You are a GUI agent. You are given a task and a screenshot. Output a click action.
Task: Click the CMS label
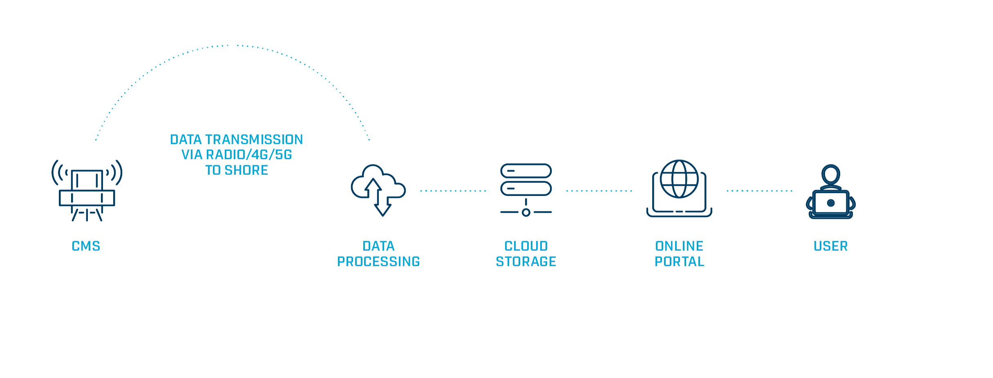pyautogui.click(x=86, y=247)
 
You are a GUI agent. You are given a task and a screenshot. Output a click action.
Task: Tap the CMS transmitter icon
pyautogui.click(x=87, y=191)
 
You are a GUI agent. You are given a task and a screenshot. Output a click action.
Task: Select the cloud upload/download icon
pyautogui.click(x=378, y=190)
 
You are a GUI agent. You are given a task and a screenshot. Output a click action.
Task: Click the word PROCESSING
pyautogui.click(x=378, y=262)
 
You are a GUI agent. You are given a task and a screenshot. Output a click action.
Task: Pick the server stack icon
pyautogui.click(x=526, y=190)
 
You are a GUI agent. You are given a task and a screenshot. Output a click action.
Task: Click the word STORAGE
pyautogui.click(x=526, y=262)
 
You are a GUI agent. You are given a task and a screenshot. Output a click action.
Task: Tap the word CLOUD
pyautogui.click(x=526, y=247)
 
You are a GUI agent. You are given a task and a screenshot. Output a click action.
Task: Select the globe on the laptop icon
pyautogui.click(x=679, y=180)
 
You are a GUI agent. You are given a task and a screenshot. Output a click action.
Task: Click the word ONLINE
pyautogui.click(x=679, y=247)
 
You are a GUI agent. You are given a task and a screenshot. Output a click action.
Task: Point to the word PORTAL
pyautogui.click(x=679, y=262)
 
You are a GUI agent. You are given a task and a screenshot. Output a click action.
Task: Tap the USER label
pyautogui.click(x=830, y=247)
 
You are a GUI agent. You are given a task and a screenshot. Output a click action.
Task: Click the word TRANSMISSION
pyautogui.click(x=254, y=140)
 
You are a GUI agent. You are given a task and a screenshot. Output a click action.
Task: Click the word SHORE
pyautogui.click(x=246, y=170)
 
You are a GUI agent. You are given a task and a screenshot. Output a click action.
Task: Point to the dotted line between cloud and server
pyautogui.click(x=453, y=191)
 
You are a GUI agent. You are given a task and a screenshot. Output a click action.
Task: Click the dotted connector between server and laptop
pyautogui.click(x=599, y=191)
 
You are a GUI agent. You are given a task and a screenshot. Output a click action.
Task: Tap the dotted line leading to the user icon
pyautogui.click(x=759, y=191)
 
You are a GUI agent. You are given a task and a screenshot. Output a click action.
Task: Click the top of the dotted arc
pyautogui.click(x=233, y=45)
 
